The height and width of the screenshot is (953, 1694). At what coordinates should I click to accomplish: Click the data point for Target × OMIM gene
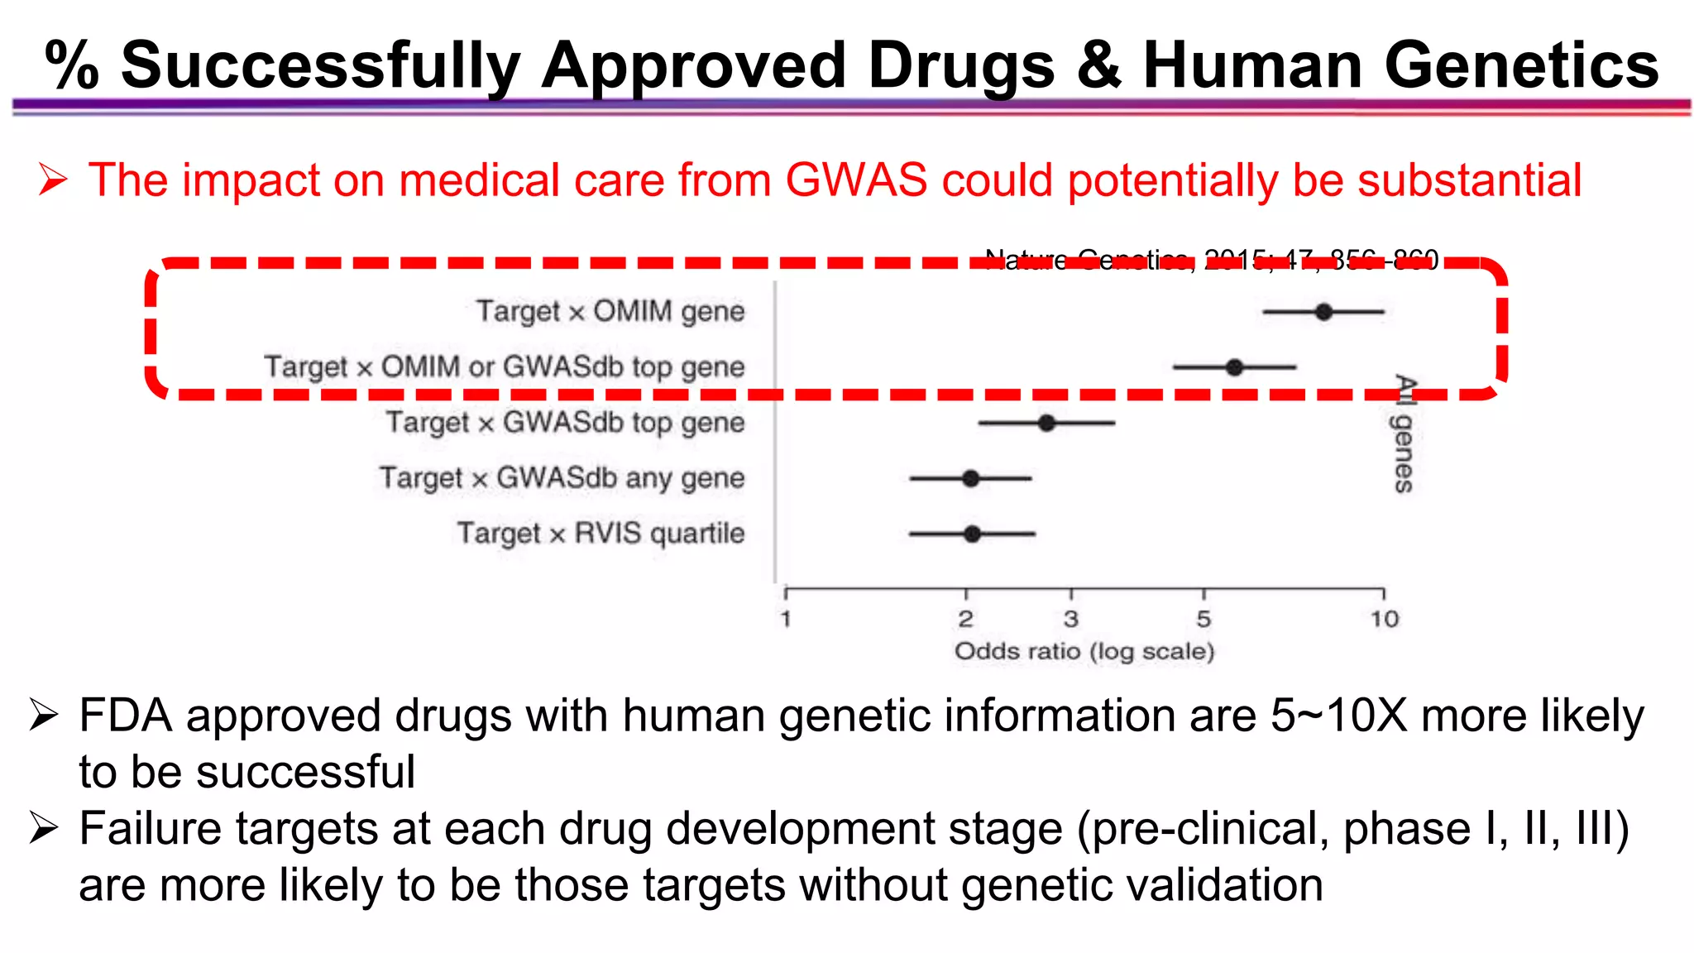(1323, 312)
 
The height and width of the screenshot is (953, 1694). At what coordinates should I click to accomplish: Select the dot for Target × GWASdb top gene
(1046, 423)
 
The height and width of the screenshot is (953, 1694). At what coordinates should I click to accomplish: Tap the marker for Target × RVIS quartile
(972, 534)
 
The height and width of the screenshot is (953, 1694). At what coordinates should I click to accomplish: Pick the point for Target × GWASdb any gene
(971, 478)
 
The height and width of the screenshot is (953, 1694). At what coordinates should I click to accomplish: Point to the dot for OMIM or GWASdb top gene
(1234, 367)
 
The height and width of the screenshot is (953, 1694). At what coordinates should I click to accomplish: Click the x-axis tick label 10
(1384, 619)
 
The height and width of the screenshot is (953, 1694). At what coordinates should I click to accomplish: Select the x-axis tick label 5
(1204, 619)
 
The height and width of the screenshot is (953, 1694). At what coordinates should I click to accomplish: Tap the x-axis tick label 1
(786, 619)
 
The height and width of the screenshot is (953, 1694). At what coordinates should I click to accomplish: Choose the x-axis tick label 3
(1071, 619)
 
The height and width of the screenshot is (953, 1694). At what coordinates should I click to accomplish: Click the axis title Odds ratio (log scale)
(1084, 652)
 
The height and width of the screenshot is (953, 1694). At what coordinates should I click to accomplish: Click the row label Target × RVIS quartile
(601, 534)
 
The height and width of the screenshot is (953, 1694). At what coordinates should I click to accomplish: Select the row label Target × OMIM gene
(610, 312)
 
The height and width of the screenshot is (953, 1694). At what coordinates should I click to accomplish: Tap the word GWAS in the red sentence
(856, 180)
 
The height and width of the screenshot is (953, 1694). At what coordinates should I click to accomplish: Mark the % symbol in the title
(72, 65)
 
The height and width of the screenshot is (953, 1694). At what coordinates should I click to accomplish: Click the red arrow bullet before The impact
(52, 180)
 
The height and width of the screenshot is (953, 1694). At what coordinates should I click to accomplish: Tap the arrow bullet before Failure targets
(43, 828)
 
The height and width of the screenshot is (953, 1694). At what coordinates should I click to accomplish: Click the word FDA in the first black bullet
(125, 716)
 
